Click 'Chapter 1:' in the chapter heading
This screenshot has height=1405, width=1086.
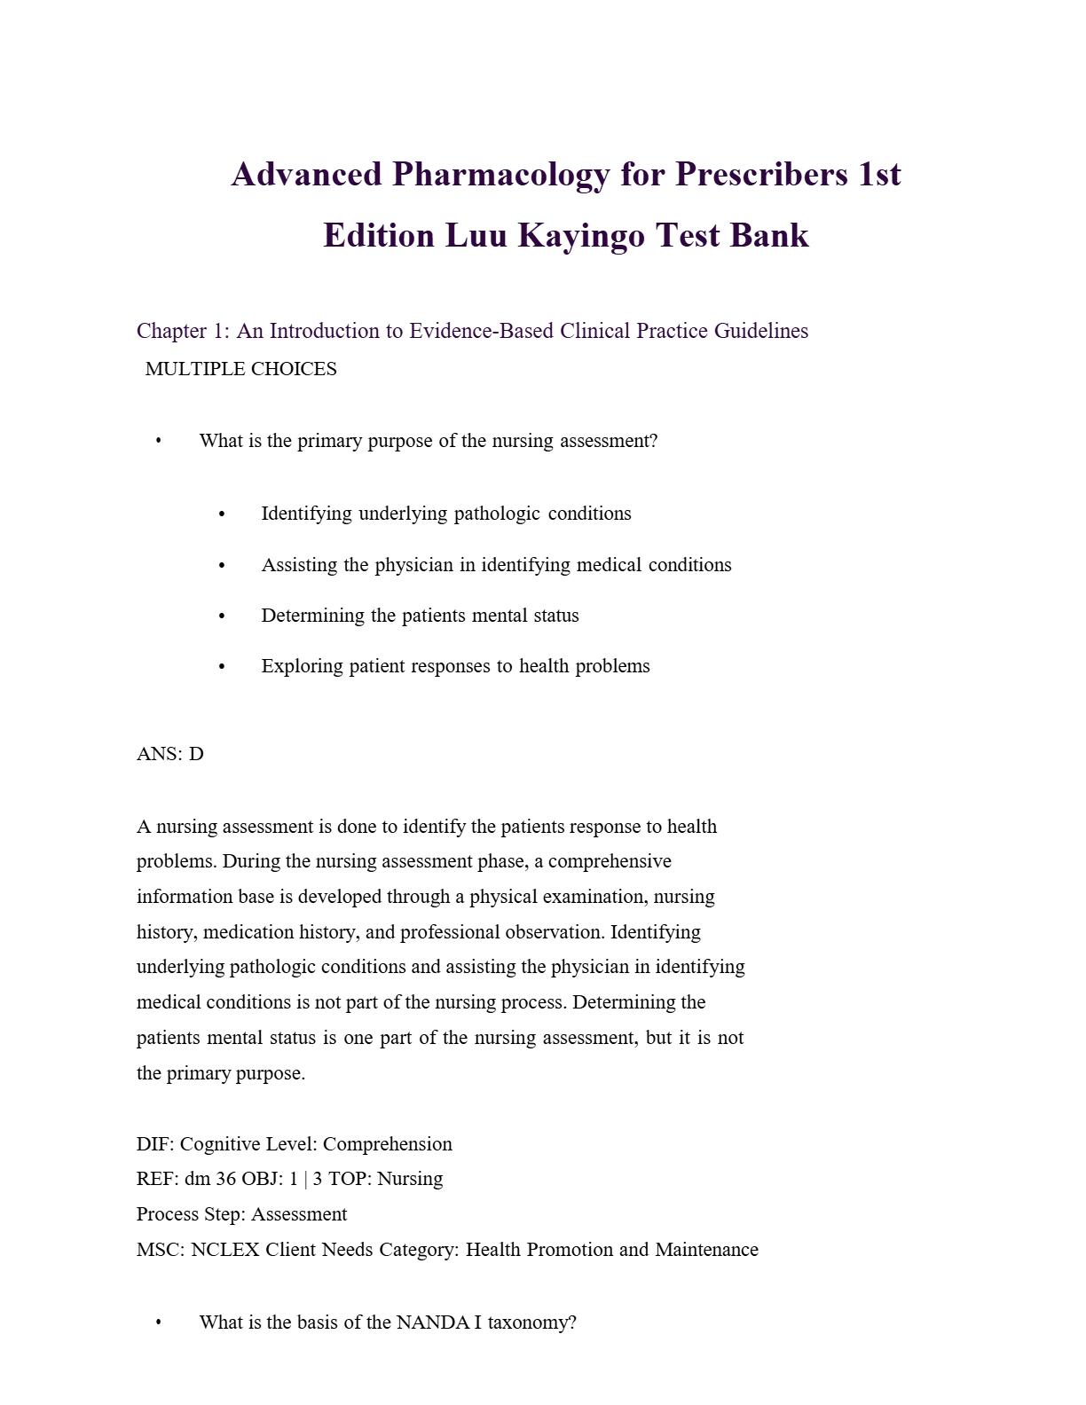(183, 331)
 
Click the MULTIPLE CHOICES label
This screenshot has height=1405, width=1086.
(240, 369)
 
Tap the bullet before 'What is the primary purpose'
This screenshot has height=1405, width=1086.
(159, 441)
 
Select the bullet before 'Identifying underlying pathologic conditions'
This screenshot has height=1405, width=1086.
(222, 514)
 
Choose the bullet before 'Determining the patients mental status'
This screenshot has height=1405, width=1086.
(222, 616)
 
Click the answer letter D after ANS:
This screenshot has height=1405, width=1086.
(196, 754)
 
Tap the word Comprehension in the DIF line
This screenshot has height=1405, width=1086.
(388, 1144)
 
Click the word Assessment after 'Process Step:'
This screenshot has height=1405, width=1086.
(299, 1214)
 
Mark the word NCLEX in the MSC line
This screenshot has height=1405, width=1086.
(225, 1250)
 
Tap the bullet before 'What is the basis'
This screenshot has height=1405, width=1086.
(159, 1323)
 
